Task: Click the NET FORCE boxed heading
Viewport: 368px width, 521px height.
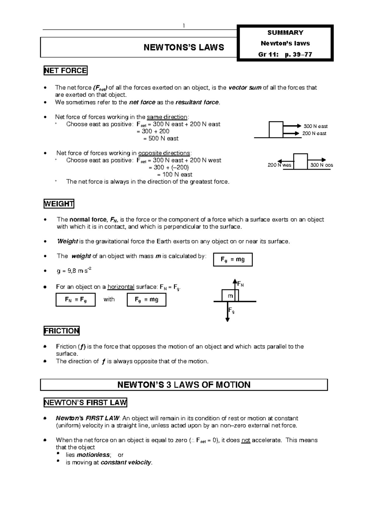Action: pos(65,71)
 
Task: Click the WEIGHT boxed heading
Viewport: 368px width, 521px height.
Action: pos(59,204)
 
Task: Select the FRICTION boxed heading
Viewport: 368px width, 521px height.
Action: pos(62,331)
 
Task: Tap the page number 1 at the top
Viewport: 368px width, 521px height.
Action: pos(184,26)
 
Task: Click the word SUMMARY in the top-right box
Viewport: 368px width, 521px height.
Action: pos(285,33)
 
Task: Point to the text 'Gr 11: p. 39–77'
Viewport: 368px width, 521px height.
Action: pos(285,55)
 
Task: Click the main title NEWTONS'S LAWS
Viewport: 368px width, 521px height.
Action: pos(184,47)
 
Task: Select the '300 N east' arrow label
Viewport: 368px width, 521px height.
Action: pos(316,126)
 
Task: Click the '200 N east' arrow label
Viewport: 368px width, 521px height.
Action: pos(314,133)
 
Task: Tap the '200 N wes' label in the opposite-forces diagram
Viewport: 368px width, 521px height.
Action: pos(279,165)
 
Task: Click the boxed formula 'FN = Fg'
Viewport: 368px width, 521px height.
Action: pos(75,300)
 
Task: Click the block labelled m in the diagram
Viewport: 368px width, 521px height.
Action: pos(230,296)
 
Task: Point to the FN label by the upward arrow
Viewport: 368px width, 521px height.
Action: pos(241,284)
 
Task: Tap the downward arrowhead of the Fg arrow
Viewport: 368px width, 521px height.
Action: pos(228,320)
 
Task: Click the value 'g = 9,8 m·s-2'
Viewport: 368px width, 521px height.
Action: pos(74,271)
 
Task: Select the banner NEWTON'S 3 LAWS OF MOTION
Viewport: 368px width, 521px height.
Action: pos(184,385)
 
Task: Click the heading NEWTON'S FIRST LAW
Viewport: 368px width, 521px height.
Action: pos(85,402)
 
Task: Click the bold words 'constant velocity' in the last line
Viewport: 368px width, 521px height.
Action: pos(126,462)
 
